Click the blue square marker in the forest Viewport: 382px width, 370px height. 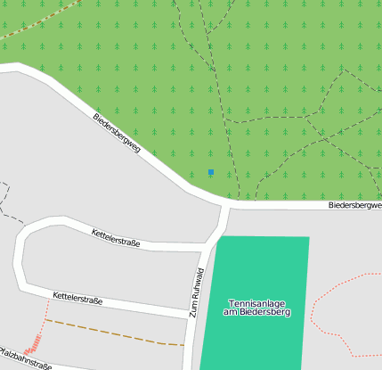coord(211,171)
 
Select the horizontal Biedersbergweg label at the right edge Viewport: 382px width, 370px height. coord(354,205)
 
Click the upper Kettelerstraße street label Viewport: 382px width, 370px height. coord(116,238)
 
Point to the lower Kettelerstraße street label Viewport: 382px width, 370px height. coord(77,298)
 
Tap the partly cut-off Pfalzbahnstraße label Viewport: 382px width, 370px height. coord(25,358)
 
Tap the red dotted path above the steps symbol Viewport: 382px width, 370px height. coord(45,312)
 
